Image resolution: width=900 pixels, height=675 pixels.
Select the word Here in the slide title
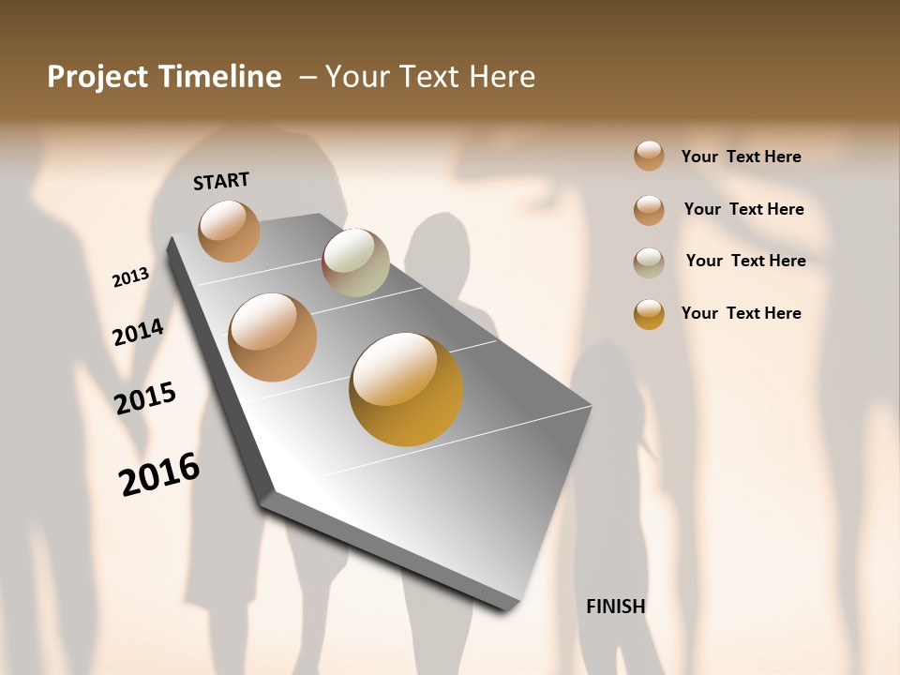(x=502, y=77)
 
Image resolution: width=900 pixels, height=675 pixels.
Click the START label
(x=221, y=181)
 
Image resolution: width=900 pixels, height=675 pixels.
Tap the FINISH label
(x=615, y=607)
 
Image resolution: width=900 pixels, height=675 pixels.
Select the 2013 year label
(x=130, y=277)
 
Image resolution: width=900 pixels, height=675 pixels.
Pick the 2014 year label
(x=138, y=332)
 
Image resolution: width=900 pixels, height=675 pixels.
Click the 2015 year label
(x=145, y=398)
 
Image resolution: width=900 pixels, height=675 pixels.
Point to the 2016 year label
(x=159, y=473)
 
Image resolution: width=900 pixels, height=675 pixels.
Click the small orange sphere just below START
(x=229, y=231)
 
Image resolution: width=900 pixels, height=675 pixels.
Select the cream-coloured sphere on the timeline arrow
(x=355, y=262)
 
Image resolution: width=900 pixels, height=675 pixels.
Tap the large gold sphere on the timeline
(x=406, y=389)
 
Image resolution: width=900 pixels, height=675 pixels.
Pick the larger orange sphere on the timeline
(x=273, y=337)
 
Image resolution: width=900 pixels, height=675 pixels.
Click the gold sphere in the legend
(x=649, y=314)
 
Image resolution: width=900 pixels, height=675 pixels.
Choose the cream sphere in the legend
(x=649, y=262)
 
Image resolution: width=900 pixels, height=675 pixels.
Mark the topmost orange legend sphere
(x=649, y=156)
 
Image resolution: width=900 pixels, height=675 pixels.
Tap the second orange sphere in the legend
(x=649, y=210)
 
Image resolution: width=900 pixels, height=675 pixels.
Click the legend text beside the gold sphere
(x=741, y=313)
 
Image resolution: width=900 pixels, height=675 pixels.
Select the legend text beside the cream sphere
(x=745, y=261)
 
